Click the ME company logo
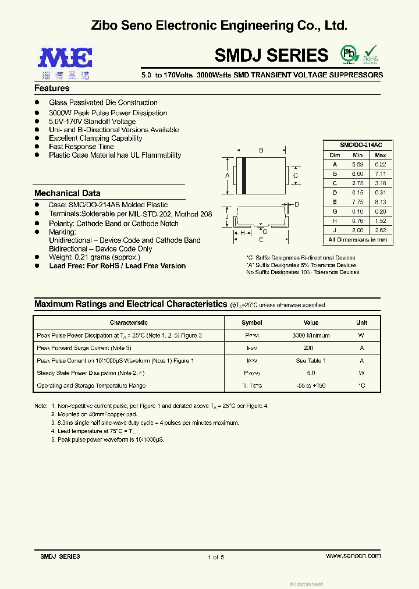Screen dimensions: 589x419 pyautogui.click(x=65, y=58)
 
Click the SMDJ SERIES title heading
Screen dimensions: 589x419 pyautogui.click(x=271, y=55)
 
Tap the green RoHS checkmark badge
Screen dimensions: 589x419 pyautogui.click(x=371, y=54)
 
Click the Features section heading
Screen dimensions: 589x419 pyautogui.click(x=52, y=88)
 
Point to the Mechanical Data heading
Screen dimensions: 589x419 pyautogui.click(x=67, y=193)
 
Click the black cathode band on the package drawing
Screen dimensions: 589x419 pyautogui.click(x=244, y=175)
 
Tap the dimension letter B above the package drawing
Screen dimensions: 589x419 pyautogui.click(x=261, y=151)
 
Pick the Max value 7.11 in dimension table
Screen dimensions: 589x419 pyautogui.click(x=380, y=174)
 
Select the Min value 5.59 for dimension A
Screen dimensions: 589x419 pyautogui.click(x=357, y=165)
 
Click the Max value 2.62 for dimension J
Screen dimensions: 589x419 pyautogui.click(x=380, y=230)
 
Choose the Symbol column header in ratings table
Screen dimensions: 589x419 pyautogui.click(x=252, y=322)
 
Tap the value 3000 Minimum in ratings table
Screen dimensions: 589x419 pyautogui.click(x=311, y=335)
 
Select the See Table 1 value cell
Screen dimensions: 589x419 pyautogui.click(x=311, y=361)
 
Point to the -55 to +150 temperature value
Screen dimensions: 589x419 pyautogui.click(x=311, y=386)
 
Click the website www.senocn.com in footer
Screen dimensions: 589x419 pyautogui.click(x=353, y=556)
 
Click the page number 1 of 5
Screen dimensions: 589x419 pyautogui.click(x=215, y=557)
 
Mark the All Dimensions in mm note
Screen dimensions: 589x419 pyautogui.click(x=357, y=240)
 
